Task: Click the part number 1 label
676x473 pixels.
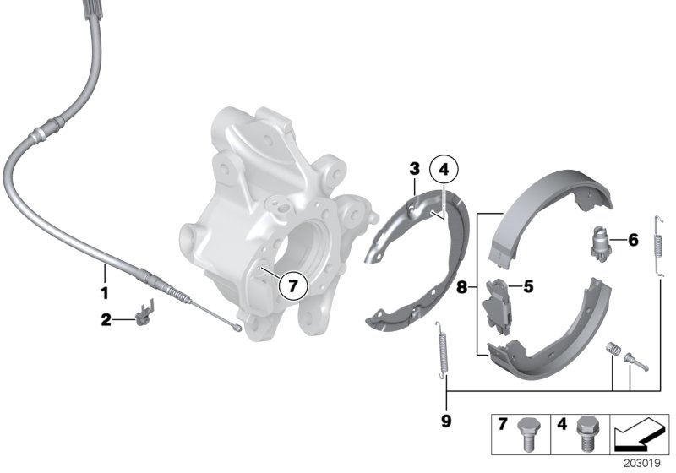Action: (x=104, y=293)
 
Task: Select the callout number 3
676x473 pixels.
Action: (x=414, y=169)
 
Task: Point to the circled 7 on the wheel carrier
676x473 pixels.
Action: (x=292, y=286)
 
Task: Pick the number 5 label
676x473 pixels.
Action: (x=528, y=286)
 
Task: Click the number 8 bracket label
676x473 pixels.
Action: (x=461, y=287)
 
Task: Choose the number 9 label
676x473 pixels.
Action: (x=446, y=420)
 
